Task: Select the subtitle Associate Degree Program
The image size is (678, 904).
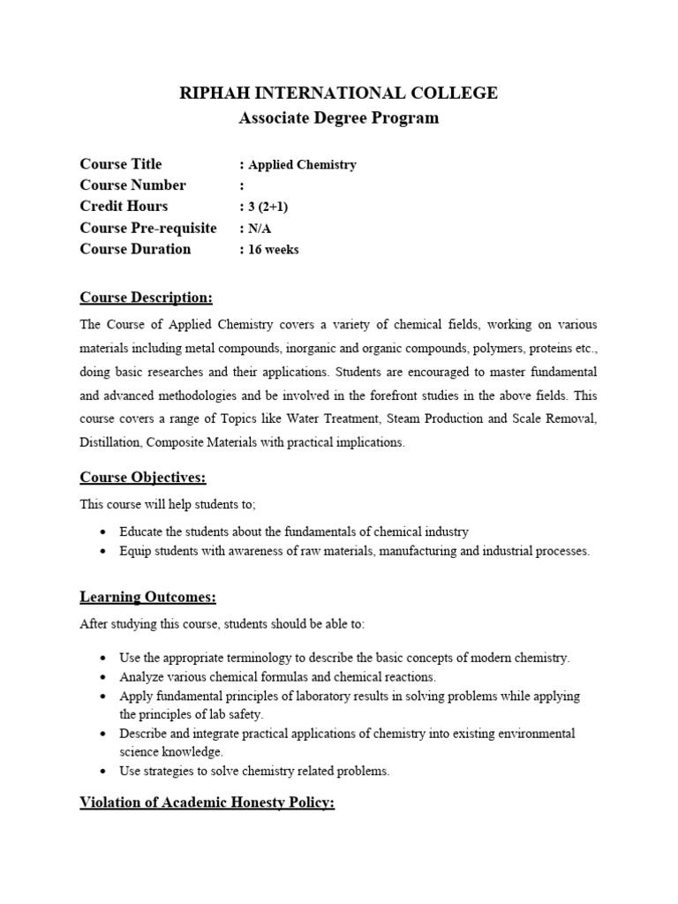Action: click(x=339, y=117)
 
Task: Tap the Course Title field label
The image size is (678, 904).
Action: click(x=121, y=164)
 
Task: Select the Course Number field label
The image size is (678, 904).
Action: click(x=132, y=185)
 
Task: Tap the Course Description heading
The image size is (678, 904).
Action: click(x=146, y=296)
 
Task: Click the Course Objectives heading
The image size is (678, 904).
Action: click(x=143, y=478)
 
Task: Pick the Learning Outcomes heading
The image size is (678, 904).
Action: click(x=147, y=598)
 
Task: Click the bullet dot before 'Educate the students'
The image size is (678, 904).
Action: click(x=104, y=532)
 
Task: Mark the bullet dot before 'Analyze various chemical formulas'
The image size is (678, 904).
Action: click(x=104, y=677)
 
